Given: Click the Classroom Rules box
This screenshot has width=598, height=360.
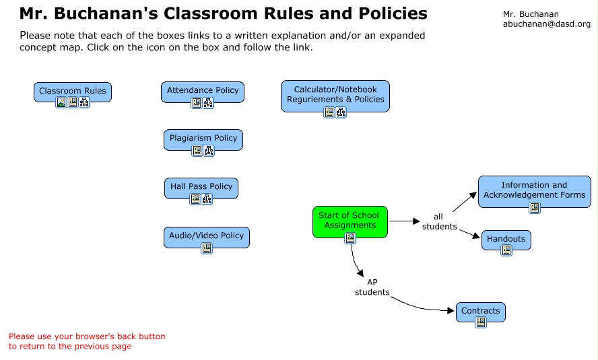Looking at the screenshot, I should coord(73,91).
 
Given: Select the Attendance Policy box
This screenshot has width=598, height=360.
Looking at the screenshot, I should coord(203,90).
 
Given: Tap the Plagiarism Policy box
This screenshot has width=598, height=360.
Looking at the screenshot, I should coord(203,138).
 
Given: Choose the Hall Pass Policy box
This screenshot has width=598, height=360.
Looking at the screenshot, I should coord(201,186).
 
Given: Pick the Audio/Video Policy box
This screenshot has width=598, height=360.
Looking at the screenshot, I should coord(207,236).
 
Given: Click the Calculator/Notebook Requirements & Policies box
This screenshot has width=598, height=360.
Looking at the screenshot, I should coord(335,94).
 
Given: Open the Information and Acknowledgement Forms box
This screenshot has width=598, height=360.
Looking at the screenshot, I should coord(535,190).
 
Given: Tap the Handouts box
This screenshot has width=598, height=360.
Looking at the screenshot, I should coord(506,238).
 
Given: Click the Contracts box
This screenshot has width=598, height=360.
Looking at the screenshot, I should coord(481,311).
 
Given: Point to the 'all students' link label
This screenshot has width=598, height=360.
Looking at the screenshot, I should coord(439,221).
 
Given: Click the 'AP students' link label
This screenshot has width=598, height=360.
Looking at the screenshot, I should coord(372,287).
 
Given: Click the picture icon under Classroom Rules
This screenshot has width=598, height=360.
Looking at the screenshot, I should coord(61,103).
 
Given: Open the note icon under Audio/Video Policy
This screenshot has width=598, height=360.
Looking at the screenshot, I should coord(207,248).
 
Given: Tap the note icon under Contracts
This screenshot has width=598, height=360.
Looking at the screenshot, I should coord(481,322).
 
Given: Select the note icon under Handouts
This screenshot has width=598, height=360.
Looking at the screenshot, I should coord(506,250).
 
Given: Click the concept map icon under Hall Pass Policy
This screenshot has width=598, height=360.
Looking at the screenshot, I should coord(207,199).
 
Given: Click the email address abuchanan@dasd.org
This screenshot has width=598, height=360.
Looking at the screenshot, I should coord(546,24).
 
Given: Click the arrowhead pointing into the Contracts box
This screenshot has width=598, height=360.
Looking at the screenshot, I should coord(453,311).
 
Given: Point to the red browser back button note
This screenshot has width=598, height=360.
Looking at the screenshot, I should coord(87,341).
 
